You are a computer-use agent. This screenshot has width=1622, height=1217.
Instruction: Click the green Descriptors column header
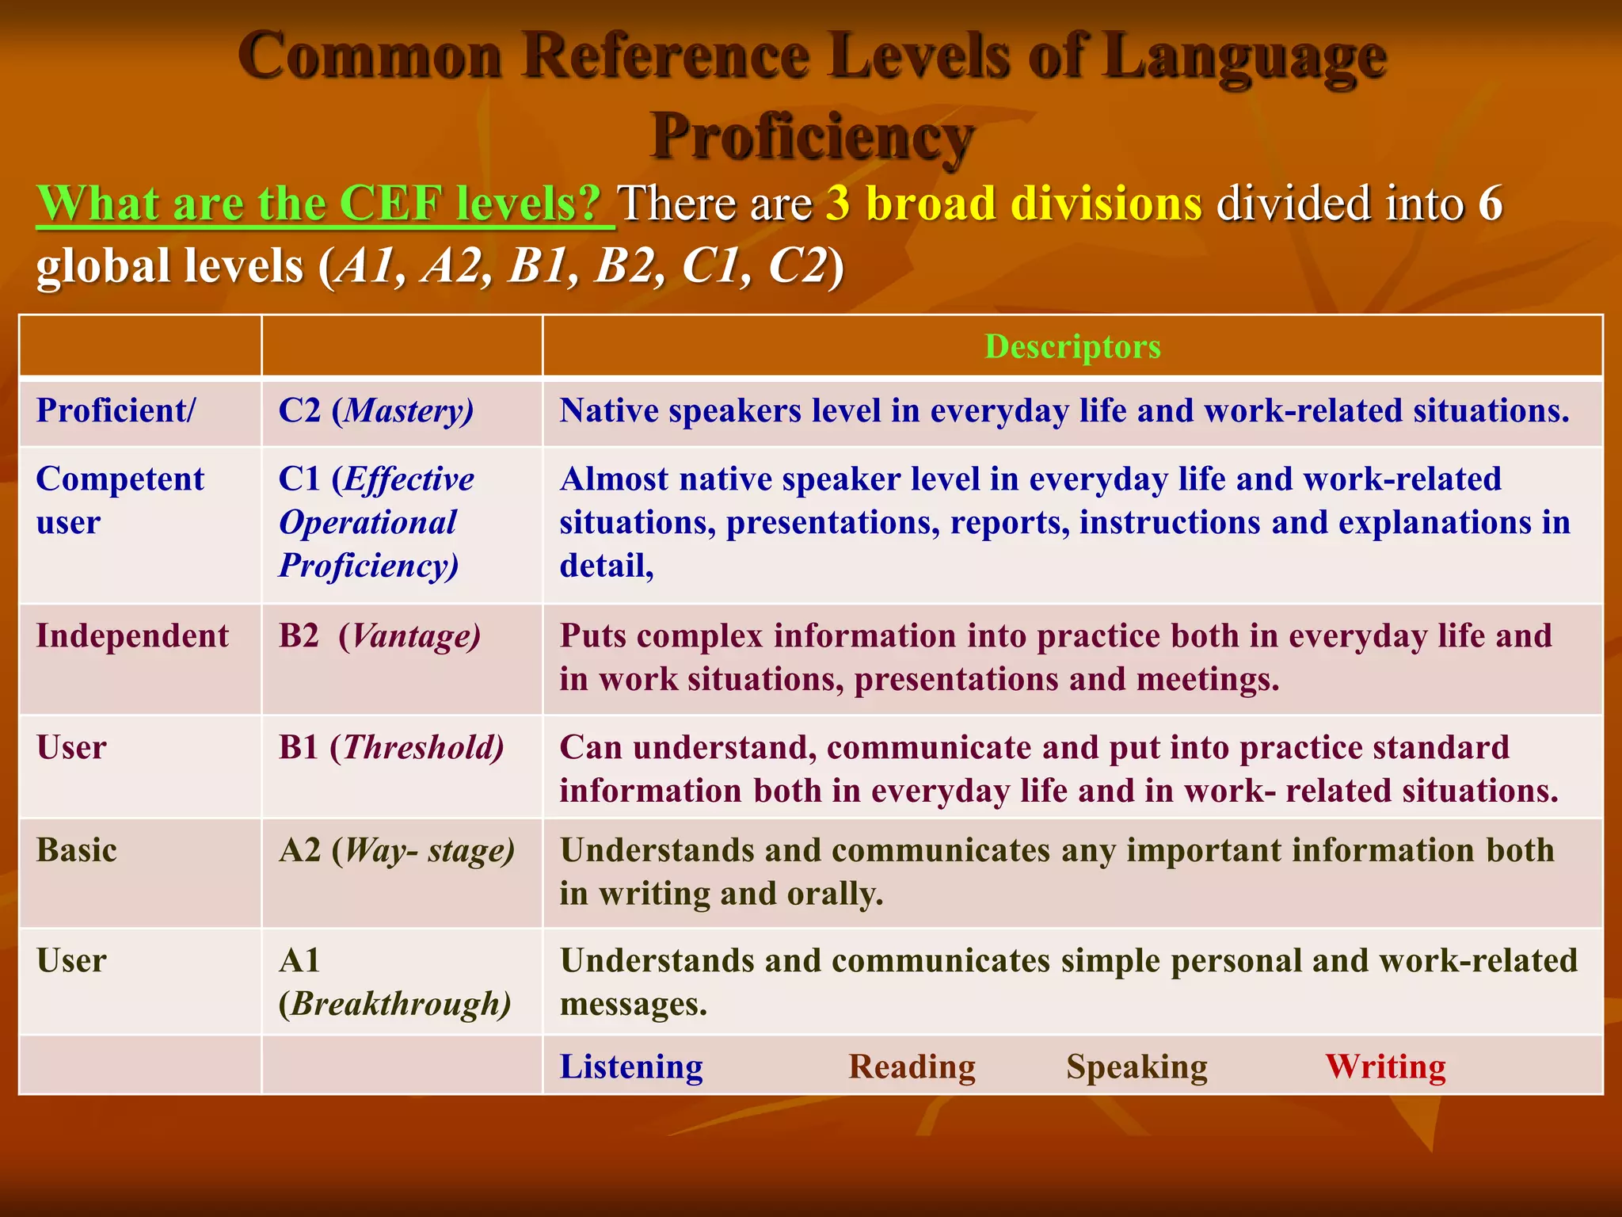tap(1072, 347)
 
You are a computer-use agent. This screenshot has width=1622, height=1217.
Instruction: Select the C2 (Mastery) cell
tap(376, 411)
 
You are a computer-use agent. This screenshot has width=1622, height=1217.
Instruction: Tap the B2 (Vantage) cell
tap(379, 637)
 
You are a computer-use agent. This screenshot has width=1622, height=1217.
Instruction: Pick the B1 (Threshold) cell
tap(391, 748)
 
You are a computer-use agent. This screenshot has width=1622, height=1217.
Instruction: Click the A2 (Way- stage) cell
tap(397, 851)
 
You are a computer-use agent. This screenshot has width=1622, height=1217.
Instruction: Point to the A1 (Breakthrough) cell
tap(394, 982)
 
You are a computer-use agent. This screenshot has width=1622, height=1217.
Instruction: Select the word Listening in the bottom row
tap(631, 1067)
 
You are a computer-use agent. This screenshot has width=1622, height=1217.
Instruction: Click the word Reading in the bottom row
tap(912, 1067)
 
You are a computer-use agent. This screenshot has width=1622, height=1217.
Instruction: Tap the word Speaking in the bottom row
tap(1137, 1067)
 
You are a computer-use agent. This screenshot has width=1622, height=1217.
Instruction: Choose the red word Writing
tap(1385, 1067)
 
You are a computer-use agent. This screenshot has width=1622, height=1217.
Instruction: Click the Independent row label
tap(132, 637)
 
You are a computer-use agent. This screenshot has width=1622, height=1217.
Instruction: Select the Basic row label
tap(77, 851)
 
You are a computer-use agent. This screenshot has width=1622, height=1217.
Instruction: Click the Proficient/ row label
tap(116, 411)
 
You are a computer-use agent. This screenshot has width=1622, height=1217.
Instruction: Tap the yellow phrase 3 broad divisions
tap(1014, 204)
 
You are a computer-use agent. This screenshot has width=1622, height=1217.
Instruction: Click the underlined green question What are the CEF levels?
tap(325, 204)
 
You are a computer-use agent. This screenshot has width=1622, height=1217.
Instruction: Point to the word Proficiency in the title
tap(811, 136)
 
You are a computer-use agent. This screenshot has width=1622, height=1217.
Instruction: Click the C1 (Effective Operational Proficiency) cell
tap(376, 523)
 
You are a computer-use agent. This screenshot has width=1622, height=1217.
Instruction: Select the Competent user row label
tap(120, 501)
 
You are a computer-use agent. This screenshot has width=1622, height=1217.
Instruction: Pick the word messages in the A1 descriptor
tap(633, 1005)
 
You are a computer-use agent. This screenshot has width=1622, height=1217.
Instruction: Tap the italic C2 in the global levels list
tap(797, 265)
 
